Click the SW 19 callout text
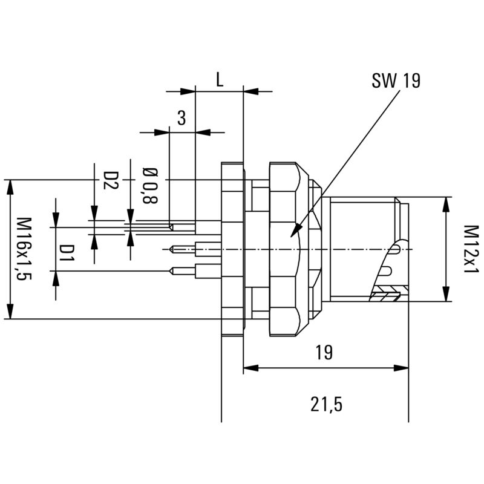coord(396,81)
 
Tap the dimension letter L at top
coord(220,80)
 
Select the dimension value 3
coord(181,119)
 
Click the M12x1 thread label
coord(471,249)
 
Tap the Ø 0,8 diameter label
coord(147,184)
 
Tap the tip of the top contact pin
coord(171,227)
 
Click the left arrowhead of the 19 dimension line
coord(245,367)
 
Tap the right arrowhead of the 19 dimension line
coord(407,367)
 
